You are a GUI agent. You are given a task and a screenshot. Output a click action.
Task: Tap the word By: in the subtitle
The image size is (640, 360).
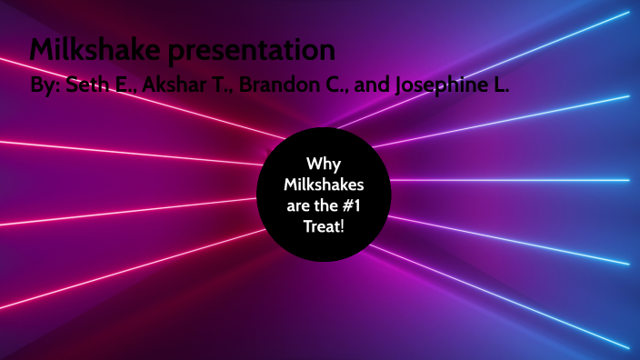(45, 88)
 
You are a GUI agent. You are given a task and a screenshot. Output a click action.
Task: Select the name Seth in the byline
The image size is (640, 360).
(90, 88)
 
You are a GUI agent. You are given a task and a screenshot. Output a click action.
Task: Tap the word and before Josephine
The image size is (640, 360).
(370, 88)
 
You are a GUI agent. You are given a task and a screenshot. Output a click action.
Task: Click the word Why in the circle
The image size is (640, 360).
(324, 165)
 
